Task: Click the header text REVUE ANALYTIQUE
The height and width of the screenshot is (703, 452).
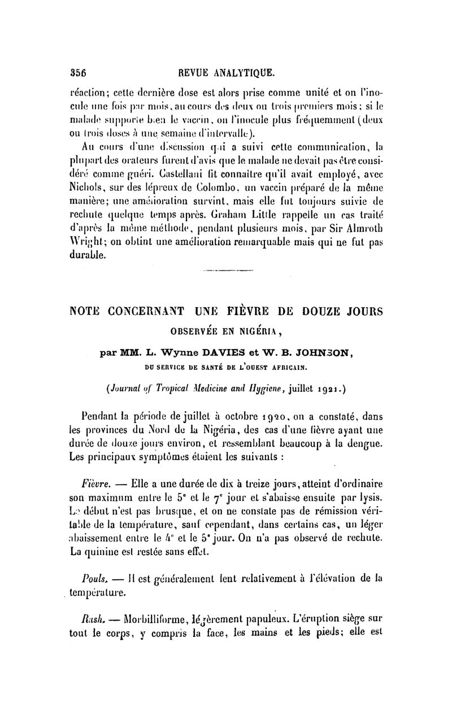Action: pyautogui.click(x=226, y=72)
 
